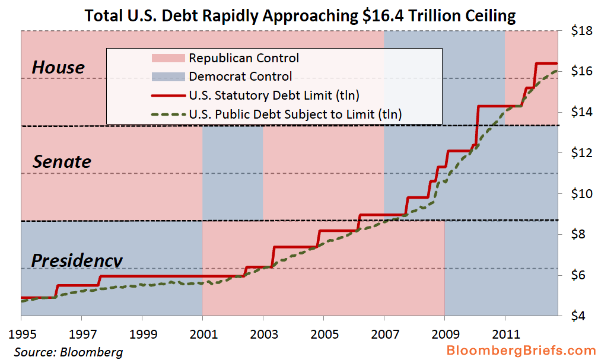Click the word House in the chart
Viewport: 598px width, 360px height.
click(58, 68)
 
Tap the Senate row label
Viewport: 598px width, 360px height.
click(62, 161)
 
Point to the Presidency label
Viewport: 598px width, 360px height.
click(77, 260)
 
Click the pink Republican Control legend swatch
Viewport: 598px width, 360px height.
click(168, 58)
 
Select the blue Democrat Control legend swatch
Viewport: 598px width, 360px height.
click(168, 77)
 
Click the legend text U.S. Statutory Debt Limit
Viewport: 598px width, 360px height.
click(274, 95)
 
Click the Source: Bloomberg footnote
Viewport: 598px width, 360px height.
click(68, 352)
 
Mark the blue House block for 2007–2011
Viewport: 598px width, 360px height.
click(444, 47)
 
